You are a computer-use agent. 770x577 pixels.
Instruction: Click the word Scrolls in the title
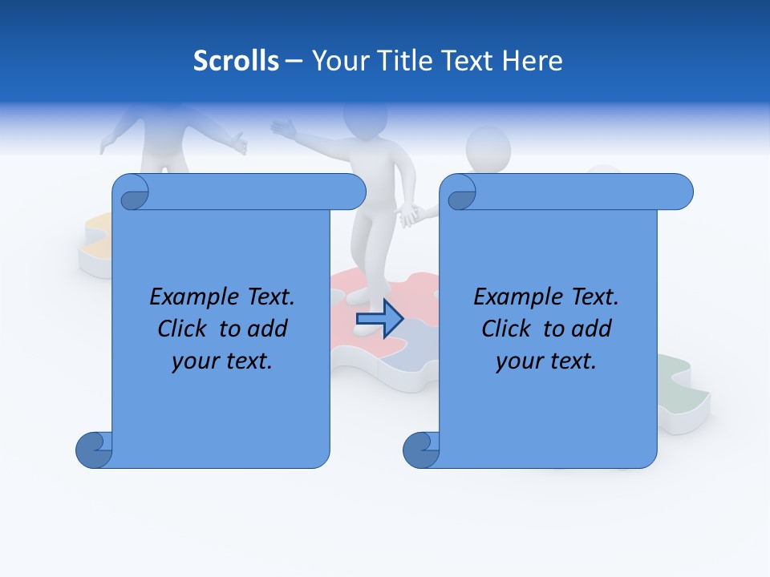[x=237, y=61]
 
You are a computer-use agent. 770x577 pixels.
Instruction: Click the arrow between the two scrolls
[x=379, y=318]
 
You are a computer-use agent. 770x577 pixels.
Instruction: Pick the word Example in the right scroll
[x=513, y=297]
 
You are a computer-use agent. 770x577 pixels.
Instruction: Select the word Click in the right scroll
[x=506, y=329]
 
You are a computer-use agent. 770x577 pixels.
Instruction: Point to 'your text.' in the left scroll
[x=222, y=361]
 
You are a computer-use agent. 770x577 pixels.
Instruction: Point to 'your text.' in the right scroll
[x=546, y=361]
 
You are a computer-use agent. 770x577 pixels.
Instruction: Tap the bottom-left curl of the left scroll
[x=95, y=451]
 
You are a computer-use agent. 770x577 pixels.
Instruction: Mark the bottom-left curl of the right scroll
[x=421, y=451]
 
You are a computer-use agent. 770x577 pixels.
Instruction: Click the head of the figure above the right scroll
[x=488, y=150]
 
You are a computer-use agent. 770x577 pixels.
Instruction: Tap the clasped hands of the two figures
[x=411, y=214]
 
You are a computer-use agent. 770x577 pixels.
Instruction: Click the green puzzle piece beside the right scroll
[x=682, y=385]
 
